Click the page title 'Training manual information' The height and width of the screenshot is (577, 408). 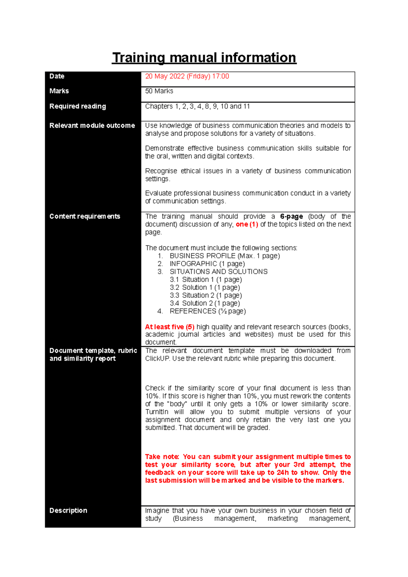click(x=204, y=57)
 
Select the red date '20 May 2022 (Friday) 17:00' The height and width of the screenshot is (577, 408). click(x=187, y=76)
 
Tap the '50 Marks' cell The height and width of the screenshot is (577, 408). click(x=159, y=91)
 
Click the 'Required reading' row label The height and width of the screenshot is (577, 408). click(x=78, y=106)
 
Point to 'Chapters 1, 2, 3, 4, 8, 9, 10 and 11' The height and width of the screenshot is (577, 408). click(x=197, y=106)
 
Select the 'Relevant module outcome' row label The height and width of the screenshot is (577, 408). click(x=92, y=126)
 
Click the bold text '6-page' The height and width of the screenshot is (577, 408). click(x=291, y=216)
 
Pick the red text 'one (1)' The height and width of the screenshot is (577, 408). click(x=247, y=224)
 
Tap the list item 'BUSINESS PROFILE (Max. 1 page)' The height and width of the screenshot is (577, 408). click(x=224, y=256)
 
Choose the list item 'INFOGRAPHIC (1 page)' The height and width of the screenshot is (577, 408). click(x=207, y=264)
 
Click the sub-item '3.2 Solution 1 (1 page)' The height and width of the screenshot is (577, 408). click(x=205, y=287)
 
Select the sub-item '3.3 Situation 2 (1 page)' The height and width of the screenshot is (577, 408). click(x=206, y=295)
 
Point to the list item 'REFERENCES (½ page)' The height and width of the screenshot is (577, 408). click(x=207, y=311)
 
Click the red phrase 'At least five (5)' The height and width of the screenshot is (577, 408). click(x=170, y=327)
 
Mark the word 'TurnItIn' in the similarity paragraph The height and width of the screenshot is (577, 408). click(x=156, y=412)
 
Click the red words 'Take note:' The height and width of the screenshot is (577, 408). click(x=162, y=457)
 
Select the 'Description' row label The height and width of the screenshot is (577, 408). click(x=68, y=511)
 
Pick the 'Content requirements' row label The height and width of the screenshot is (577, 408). click(x=85, y=216)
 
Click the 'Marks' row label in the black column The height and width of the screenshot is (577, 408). click(x=59, y=91)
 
